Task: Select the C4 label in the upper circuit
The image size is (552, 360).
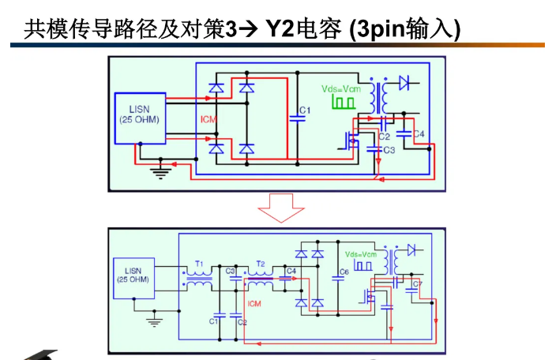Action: click(x=419, y=135)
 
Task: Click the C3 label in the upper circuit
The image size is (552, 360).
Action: click(x=389, y=149)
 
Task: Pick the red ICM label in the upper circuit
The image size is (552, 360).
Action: click(x=208, y=119)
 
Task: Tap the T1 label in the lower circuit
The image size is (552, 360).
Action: click(x=199, y=263)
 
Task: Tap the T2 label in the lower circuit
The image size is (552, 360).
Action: click(x=261, y=263)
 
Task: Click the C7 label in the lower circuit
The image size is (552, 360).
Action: click(x=419, y=282)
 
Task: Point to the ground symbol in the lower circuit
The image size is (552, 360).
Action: click(x=154, y=321)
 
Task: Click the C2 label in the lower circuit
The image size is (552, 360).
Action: click(x=242, y=322)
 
